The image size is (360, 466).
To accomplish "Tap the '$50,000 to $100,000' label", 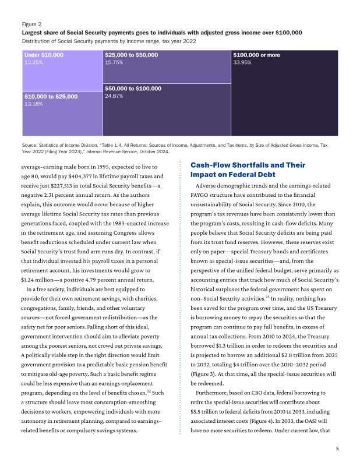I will (x=133, y=89).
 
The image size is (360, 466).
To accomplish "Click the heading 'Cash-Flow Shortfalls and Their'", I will (x=248, y=165).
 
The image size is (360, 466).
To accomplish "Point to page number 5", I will (x=337, y=449).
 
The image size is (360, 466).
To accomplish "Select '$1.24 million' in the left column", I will (x=36, y=280).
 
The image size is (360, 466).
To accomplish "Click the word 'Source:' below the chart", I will (x=30, y=144).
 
